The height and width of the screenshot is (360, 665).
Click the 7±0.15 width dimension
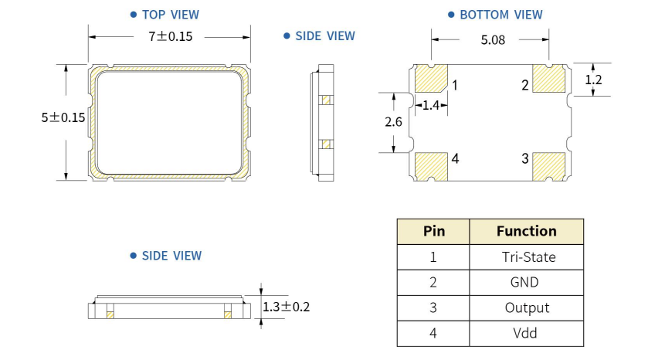[170, 36]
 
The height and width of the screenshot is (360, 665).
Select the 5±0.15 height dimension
[63, 117]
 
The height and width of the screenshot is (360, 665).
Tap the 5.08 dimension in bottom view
[493, 40]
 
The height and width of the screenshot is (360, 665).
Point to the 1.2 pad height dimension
[593, 80]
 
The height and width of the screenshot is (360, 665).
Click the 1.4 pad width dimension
[431, 105]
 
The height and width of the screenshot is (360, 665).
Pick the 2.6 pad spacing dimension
[393, 122]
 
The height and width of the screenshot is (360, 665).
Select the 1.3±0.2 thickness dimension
[287, 307]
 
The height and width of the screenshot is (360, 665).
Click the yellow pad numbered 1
[431, 79]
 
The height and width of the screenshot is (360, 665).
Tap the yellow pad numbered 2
[549, 79]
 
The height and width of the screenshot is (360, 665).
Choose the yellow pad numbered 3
[549, 167]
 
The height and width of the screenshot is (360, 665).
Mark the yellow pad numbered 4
[431, 167]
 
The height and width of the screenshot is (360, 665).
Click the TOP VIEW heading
[171, 15]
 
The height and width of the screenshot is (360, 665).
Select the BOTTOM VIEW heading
[501, 15]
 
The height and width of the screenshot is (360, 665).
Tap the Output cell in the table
[527, 307]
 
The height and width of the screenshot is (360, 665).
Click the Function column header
[526, 231]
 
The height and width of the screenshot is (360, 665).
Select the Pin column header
[434, 231]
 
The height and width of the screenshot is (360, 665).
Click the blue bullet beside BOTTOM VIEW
[451, 15]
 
